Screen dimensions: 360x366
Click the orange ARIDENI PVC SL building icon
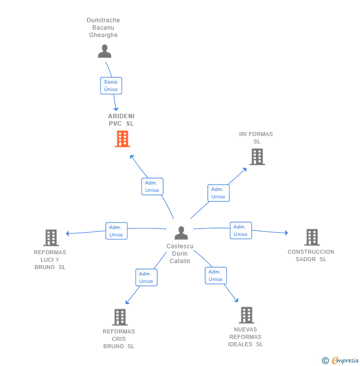pos(122,138)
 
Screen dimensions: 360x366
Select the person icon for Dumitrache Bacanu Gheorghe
pos(104,51)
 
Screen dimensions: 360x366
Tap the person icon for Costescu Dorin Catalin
pos(181,233)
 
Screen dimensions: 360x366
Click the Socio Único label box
pos(111,86)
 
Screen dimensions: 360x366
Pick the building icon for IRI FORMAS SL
pos(257,157)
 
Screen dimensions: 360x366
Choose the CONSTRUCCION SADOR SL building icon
pos(312,237)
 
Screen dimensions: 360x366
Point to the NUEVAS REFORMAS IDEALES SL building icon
pos(247,315)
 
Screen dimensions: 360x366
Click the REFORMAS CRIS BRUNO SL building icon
pos(120,317)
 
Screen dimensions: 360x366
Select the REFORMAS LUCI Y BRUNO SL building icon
pos(51,237)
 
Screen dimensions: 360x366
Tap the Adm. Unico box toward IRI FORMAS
pos(219,193)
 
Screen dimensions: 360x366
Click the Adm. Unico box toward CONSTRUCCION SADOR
pos(241,230)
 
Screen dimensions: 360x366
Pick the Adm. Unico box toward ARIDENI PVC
pos(152,186)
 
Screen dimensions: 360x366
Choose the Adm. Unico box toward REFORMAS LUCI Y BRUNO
pos(116,231)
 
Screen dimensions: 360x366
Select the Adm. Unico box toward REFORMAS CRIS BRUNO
pos(146,277)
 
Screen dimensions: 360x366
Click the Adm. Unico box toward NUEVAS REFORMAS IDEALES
pos(216,275)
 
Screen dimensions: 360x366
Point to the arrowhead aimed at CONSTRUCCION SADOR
pos(286,233)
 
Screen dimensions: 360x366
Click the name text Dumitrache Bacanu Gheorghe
pos(103,28)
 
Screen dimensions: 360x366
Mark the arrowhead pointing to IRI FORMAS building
pos(244,170)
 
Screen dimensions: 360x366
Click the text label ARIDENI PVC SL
pos(121,120)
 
